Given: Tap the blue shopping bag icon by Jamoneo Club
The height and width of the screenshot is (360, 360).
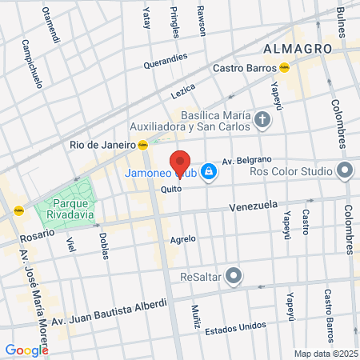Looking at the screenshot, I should click(208, 171).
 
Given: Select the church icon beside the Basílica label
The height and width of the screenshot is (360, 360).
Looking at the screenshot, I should click(262, 121).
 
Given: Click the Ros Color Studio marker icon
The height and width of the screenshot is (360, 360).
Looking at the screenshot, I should click(345, 170).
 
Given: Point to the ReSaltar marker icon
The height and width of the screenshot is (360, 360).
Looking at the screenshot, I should click(234, 277).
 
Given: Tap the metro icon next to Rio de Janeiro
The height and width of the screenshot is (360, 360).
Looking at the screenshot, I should click(142, 145).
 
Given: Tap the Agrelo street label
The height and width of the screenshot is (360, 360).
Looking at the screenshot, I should click(182, 239).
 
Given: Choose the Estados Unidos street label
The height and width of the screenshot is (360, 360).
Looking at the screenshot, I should click(235, 328).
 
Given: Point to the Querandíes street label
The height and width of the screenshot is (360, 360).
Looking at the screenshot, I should click(166, 61).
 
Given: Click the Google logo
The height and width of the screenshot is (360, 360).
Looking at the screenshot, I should click(26, 350).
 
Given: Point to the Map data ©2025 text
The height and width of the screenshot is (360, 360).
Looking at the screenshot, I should click(323, 354).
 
